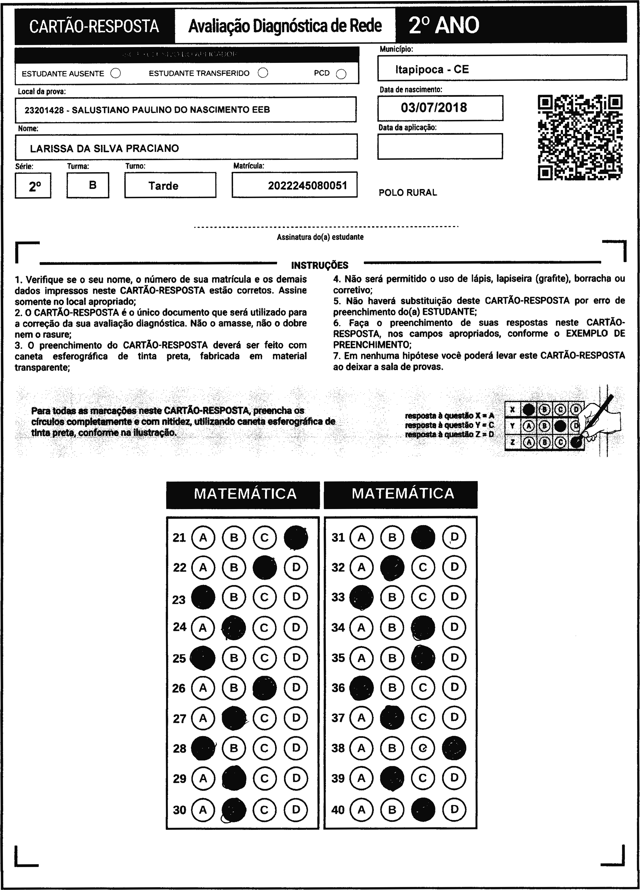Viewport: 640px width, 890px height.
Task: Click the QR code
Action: [x=580, y=137]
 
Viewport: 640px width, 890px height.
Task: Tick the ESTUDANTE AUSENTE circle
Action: [x=116, y=74]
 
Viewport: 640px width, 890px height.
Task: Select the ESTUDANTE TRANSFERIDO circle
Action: [x=263, y=73]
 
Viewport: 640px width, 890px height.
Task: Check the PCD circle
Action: [x=341, y=74]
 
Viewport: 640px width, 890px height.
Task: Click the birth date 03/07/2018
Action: [x=434, y=107]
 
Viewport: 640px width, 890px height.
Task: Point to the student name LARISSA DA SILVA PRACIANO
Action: [x=104, y=148]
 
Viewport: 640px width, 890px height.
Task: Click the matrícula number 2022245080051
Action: [x=308, y=185]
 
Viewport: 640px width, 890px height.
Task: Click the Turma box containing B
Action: [x=93, y=185]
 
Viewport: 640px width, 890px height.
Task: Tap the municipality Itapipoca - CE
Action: [x=432, y=69]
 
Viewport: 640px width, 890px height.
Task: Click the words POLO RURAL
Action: [x=408, y=193]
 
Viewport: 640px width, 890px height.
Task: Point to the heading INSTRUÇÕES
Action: [x=320, y=265]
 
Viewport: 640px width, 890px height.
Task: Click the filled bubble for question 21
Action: [x=296, y=537]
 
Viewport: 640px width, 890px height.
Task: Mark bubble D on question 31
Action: [x=454, y=537]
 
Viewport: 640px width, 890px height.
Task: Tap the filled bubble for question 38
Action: [x=454, y=748]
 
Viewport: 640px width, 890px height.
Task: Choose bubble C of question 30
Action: [x=265, y=810]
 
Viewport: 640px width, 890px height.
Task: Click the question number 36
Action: [x=338, y=688]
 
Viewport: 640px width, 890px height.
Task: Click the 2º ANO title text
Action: [x=444, y=25]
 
